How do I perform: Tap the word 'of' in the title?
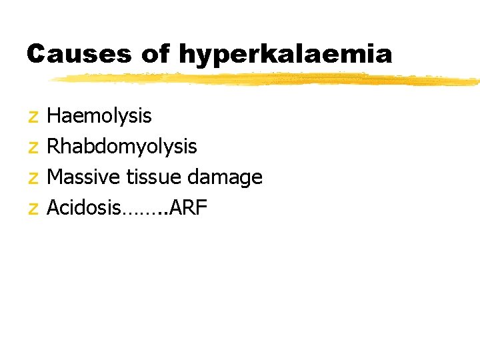(156, 53)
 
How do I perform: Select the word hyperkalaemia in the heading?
(286, 55)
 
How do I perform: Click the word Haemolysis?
(100, 116)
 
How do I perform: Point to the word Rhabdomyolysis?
(123, 147)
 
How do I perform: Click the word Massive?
(83, 177)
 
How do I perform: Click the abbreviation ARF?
(191, 208)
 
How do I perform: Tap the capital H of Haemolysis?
(55, 116)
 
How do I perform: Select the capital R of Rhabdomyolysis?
(55, 147)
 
